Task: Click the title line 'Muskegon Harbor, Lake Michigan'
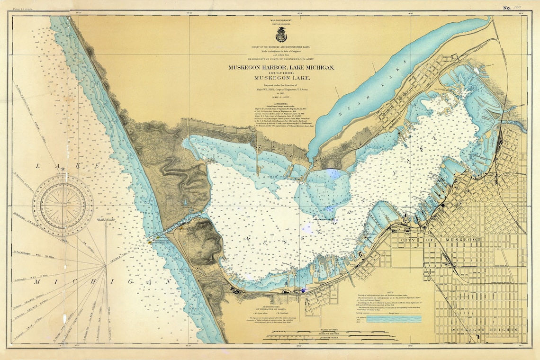[x=281, y=68]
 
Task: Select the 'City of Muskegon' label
[x=441, y=241]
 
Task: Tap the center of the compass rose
[x=63, y=205]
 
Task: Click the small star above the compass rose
[x=63, y=176]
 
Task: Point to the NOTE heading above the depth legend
[x=389, y=292]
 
